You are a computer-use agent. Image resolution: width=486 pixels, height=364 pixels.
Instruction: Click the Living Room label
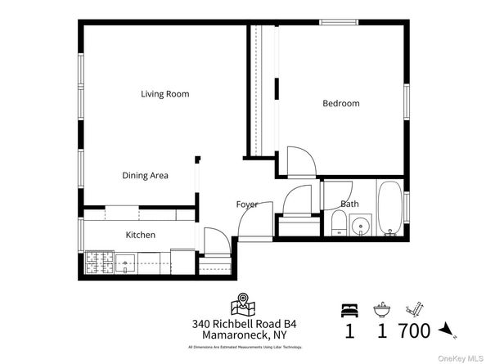(164, 94)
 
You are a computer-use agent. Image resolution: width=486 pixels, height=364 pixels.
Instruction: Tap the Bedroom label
(340, 103)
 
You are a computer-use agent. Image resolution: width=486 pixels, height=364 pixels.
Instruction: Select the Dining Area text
(145, 175)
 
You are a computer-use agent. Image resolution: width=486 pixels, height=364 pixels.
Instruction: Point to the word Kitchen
(140, 235)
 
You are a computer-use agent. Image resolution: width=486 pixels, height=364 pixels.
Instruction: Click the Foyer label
(247, 204)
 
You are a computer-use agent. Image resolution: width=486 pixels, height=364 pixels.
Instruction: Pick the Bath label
(349, 204)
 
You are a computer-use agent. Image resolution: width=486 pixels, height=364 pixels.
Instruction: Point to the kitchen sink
(125, 262)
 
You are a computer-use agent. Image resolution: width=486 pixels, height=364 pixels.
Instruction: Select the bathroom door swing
(299, 198)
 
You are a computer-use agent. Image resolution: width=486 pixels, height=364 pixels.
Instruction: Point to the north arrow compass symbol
(447, 330)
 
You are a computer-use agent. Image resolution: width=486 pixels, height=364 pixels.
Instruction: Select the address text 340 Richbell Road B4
(242, 324)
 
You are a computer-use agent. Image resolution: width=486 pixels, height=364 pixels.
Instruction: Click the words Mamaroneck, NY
(242, 335)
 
